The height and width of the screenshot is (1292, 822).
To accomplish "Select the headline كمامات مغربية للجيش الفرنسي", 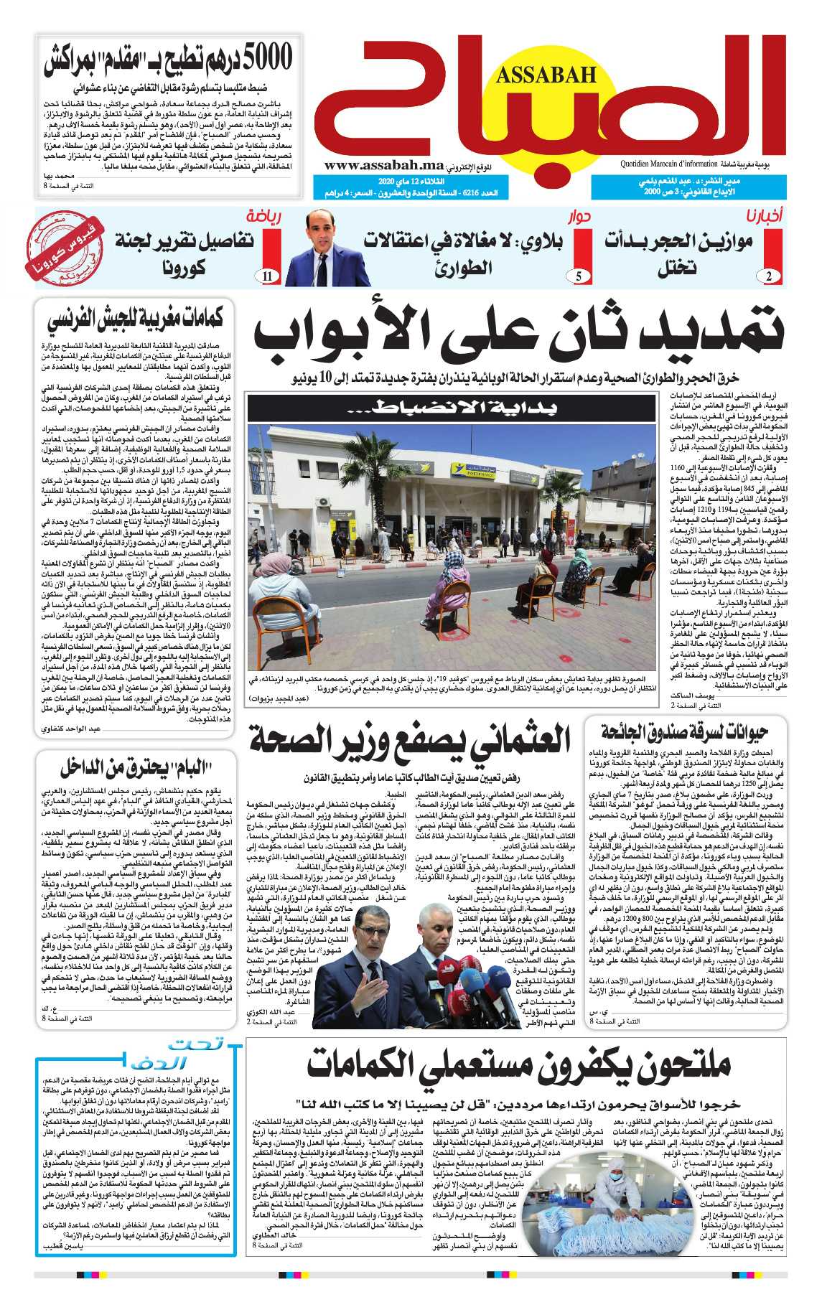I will [135, 319].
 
